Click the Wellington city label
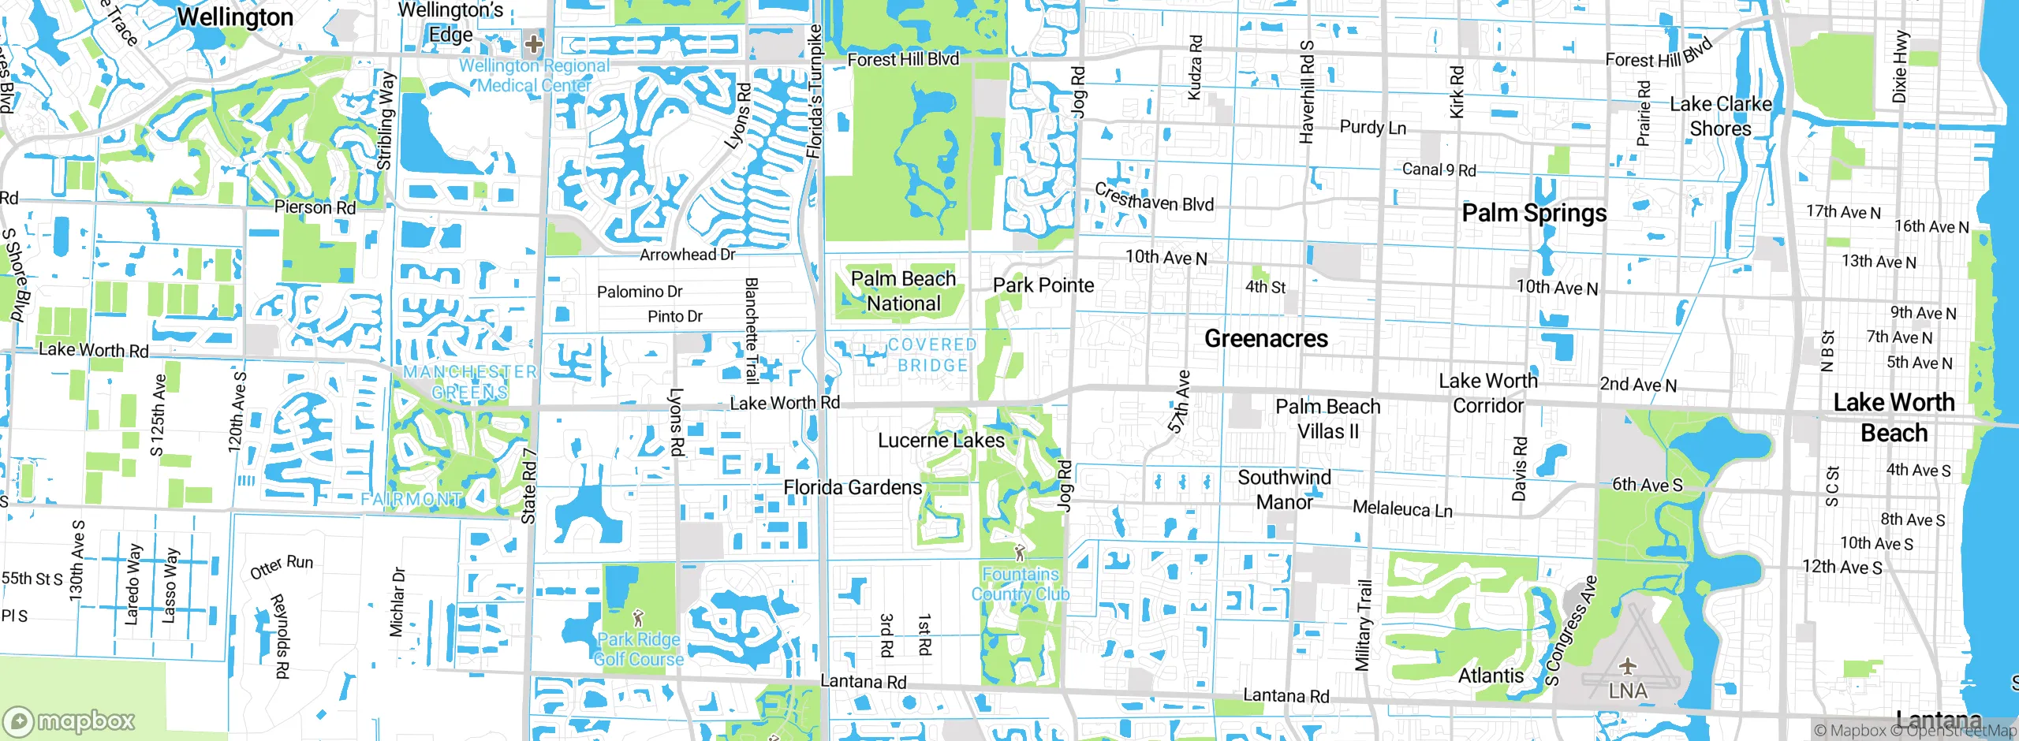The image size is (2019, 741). (235, 17)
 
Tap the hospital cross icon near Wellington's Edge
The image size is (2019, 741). (534, 43)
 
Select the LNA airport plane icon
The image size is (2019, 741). (1628, 667)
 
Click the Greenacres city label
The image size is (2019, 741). (1266, 339)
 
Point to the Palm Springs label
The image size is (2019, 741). (1534, 213)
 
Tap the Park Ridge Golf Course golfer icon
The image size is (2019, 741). (638, 617)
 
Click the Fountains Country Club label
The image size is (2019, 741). (1020, 584)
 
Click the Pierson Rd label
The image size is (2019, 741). (315, 207)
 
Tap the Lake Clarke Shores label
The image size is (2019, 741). (1721, 117)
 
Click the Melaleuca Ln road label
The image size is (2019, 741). (1402, 509)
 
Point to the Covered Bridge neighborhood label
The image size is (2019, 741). (932, 355)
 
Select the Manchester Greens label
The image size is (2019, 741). (470, 382)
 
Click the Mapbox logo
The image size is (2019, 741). (69, 721)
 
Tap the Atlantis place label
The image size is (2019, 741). (1491, 676)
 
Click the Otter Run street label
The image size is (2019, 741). (282, 567)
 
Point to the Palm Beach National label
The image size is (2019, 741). (903, 291)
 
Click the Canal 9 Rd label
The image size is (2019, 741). (1439, 169)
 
